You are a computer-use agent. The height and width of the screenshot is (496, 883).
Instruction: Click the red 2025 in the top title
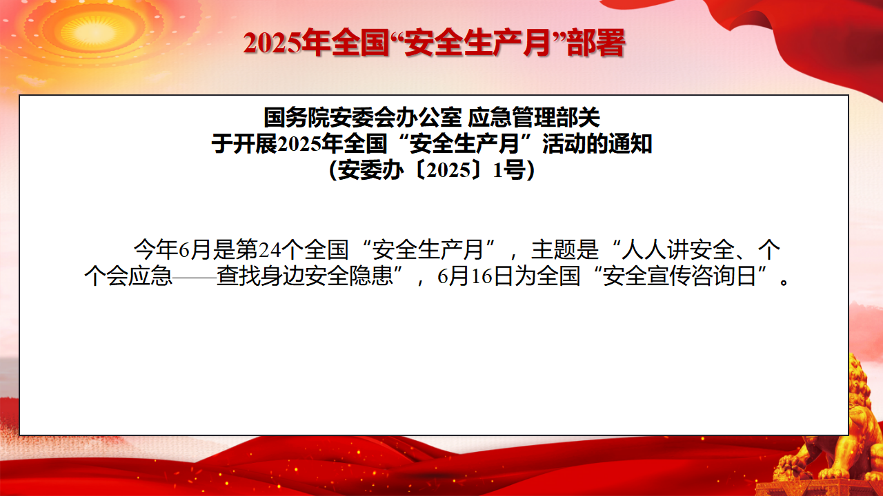[272, 43]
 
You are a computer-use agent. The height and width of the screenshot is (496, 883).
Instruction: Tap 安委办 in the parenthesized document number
[371, 170]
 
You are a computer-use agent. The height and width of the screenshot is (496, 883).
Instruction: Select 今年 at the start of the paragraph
[156, 249]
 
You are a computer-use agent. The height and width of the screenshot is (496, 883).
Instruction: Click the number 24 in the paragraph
[270, 250]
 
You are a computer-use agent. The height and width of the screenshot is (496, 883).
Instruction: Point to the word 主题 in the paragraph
[554, 249]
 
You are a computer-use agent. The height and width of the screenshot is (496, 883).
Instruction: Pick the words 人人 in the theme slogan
[644, 249]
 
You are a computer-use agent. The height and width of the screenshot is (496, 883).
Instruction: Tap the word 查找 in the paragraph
[239, 276]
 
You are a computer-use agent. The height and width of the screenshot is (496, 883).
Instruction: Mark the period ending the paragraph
[784, 282]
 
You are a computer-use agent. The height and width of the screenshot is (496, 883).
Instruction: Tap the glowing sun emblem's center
[95, 32]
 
